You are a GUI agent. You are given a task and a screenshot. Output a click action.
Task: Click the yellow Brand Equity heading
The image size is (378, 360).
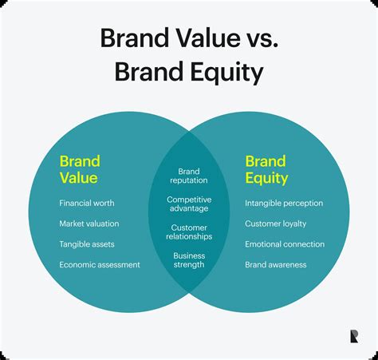(x=266, y=168)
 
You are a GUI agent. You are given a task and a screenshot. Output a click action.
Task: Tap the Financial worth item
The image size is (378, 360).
(x=87, y=204)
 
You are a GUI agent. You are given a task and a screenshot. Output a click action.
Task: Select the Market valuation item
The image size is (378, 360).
(x=89, y=224)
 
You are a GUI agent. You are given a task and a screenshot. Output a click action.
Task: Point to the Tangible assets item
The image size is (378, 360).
(x=87, y=244)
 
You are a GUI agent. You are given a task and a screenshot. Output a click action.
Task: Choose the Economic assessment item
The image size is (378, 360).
(x=100, y=265)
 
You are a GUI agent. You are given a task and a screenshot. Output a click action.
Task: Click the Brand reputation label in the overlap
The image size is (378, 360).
(x=189, y=176)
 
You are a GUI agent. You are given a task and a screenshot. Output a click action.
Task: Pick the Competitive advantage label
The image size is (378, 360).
(x=189, y=204)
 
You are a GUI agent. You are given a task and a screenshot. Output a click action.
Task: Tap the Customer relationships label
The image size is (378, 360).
(x=189, y=231)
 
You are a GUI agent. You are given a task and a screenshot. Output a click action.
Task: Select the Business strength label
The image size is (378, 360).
(x=189, y=259)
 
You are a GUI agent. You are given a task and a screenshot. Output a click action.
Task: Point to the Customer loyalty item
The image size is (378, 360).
(x=275, y=224)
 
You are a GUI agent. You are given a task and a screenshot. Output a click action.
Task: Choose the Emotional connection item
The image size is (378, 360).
(x=285, y=244)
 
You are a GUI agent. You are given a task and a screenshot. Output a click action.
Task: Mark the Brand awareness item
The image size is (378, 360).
(x=275, y=265)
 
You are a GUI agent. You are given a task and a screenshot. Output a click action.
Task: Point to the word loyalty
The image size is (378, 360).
(x=293, y=224)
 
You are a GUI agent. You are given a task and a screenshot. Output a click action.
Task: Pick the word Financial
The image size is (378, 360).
(x=76, y=204)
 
